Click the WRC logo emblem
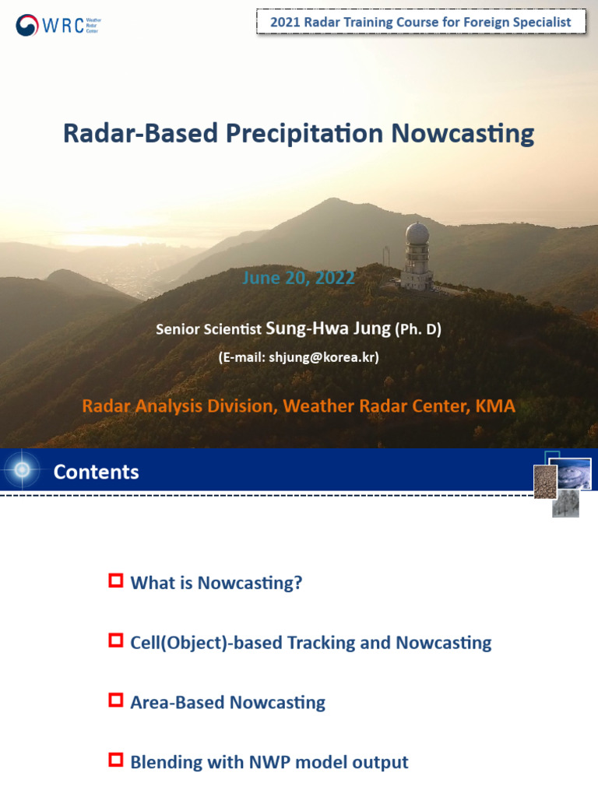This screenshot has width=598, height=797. tap(27, 26)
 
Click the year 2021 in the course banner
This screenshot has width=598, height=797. tap(286, 23)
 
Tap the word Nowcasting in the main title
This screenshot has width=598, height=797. tap(463, 133)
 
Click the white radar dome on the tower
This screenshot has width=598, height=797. tap(417, 234)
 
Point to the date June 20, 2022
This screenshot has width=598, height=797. tap(299, 278)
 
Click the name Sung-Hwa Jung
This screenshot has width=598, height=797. tap(329, 328)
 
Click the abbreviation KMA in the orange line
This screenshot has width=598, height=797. tap(494, 406)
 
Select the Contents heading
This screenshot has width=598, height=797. tap(96, 472)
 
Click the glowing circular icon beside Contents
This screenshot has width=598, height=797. tap(22, 469)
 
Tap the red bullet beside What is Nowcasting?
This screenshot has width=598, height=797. tap(116, 581)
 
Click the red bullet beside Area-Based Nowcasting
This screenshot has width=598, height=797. tap(116, 700)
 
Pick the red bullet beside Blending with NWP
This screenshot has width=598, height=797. tap(116, 760)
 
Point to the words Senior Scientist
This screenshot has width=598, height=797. tap(209, 329)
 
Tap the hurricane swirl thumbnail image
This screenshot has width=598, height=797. tap(574, 474)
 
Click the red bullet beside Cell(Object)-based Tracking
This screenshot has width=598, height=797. tap(116, 641)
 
